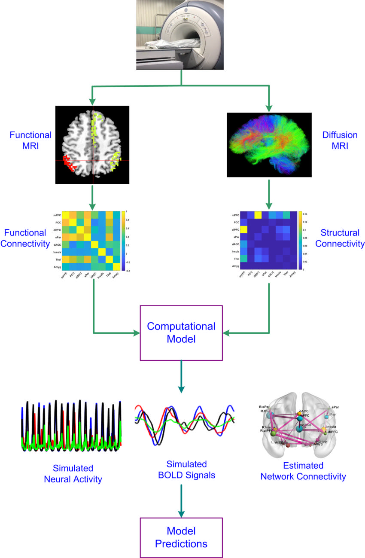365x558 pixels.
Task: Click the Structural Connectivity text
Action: pyautogui.click(x=340, y=238)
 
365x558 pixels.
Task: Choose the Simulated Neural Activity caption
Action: pyautogui.click(x=73, y=473)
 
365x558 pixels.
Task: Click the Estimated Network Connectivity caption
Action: pyautogui.click(x=303, y=471)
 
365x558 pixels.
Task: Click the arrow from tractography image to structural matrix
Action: pyautogui.click(x=269, y=193)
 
